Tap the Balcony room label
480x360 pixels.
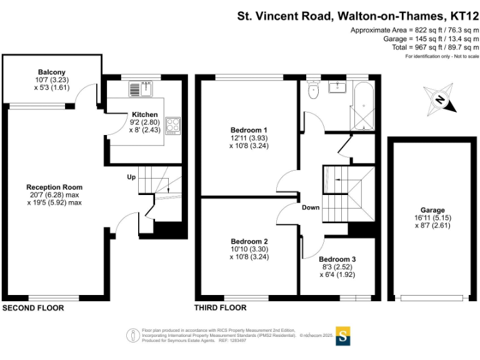pos(51,72)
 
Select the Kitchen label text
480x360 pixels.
pos(144,115)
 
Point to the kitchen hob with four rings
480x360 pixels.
pos(172,126)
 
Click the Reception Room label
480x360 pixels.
pos(54,187)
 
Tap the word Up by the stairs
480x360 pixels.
pos(131,177)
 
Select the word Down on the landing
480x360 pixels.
pos(311,207)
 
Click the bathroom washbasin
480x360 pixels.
pos(341,87)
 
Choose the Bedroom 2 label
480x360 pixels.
pos(249,241)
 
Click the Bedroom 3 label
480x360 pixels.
pos(337,259)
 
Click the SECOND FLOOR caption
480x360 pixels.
pos(33,308)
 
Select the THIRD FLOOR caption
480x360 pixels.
pos(220,308)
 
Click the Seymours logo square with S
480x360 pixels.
pos(343,335)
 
